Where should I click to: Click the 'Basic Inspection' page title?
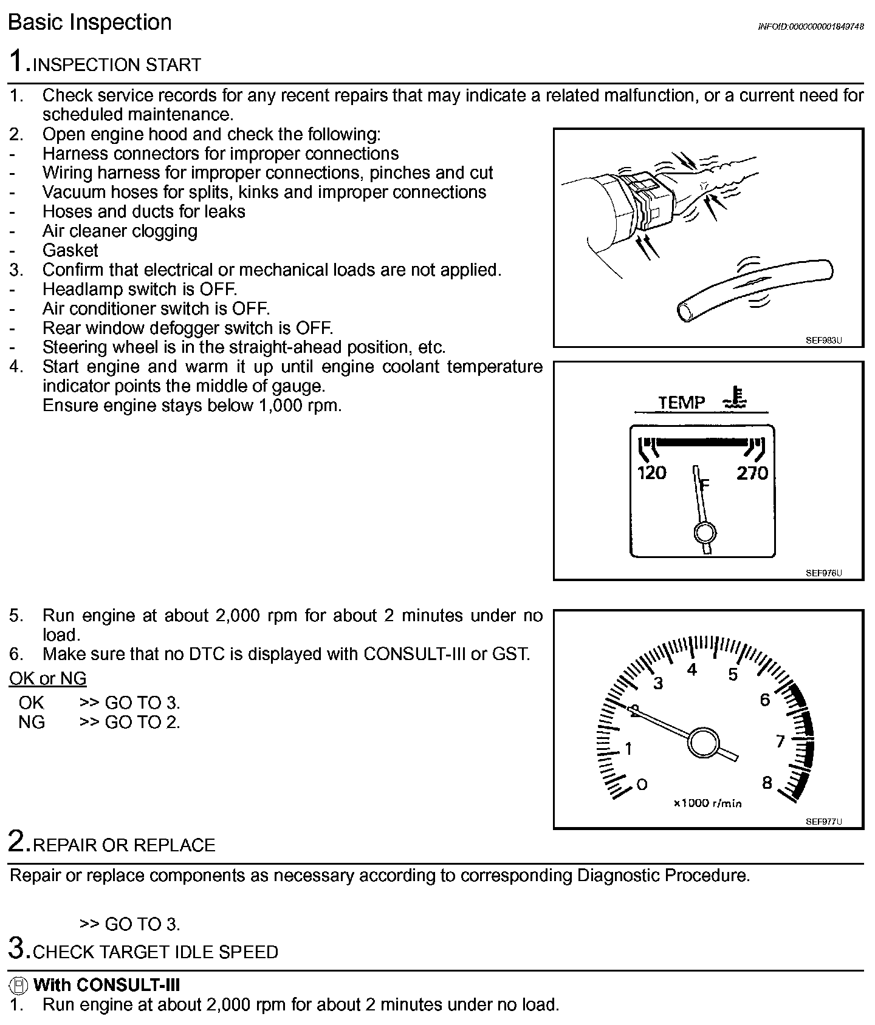click(x=90, y=22)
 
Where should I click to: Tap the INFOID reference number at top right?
click(x=811, y=27)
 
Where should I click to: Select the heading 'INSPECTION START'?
click(x=117, y=65)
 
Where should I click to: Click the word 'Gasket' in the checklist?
click(x=70, y=250)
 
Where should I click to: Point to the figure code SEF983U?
click(x=824, y=341)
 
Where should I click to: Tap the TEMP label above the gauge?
click(x=682, y=403)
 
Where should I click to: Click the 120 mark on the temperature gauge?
click(x=651, y=473)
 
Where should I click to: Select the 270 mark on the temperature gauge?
click(x=752, y=473)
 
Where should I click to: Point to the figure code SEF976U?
click(x=824, y=573)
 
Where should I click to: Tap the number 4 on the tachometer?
click(x=691, y=670)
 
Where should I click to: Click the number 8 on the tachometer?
click(x=767, y=783)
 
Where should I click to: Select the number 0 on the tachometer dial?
click(x=642, y=785)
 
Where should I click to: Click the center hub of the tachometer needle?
click(x=703, y=742)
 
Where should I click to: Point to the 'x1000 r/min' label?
click(x=707, y=803)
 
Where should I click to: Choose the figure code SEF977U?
click(x=824, y=822)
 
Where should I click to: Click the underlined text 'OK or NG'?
click(x=47, y=678)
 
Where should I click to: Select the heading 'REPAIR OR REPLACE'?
click(x=124, y=845)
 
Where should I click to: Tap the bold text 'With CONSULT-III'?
click(x=107, y=984)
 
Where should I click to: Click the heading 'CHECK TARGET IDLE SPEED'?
click(x=156, y=952)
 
